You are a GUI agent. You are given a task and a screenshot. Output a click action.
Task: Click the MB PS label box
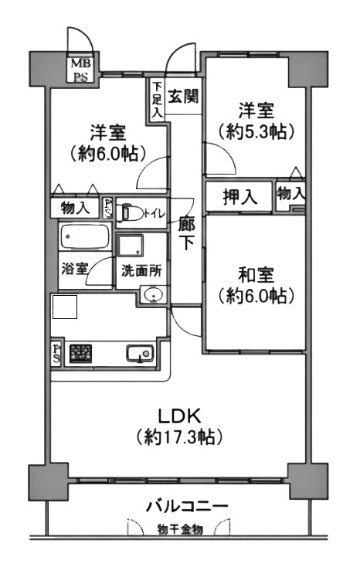point(80,70)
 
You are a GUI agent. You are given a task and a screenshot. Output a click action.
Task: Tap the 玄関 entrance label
point(183,97)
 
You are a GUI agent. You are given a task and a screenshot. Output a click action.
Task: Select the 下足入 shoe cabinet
point(157,100)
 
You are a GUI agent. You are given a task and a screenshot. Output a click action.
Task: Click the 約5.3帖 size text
point(256,132)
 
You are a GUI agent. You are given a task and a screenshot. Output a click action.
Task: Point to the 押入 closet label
point(240,197)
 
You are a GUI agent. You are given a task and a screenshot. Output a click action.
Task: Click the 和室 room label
point(256,274)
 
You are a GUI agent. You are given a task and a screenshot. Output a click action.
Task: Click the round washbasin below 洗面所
point(153,295)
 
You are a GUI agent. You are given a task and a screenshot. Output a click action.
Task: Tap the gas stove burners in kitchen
point(80,354)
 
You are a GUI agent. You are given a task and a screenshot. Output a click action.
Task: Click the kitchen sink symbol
point(141,355)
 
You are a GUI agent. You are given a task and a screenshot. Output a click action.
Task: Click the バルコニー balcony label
point(187,506)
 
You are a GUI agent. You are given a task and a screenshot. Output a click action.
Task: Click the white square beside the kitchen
point(65,307)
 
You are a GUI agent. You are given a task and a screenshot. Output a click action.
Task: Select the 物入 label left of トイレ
point(75,208)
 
